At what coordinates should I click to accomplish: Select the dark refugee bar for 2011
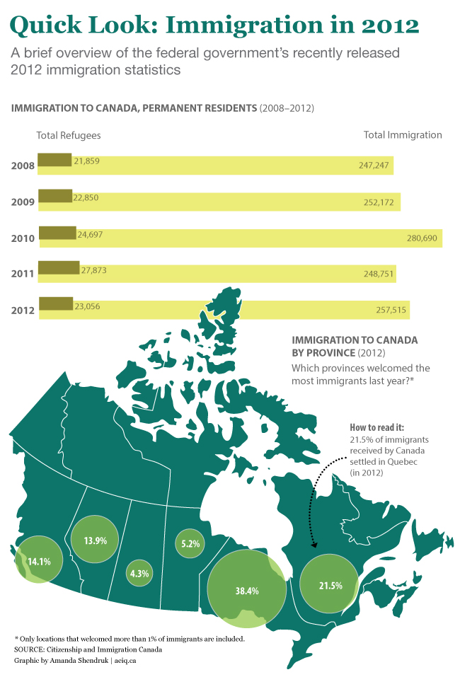58,267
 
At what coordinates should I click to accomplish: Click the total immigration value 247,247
374,165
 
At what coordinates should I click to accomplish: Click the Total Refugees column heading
68,135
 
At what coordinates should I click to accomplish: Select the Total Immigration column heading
402,135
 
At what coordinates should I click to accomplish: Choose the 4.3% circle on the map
139,574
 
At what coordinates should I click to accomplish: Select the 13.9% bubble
95,540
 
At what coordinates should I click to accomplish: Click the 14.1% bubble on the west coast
38,562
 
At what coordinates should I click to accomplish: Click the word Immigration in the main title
248,26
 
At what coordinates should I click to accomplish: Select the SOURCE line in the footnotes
88,649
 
